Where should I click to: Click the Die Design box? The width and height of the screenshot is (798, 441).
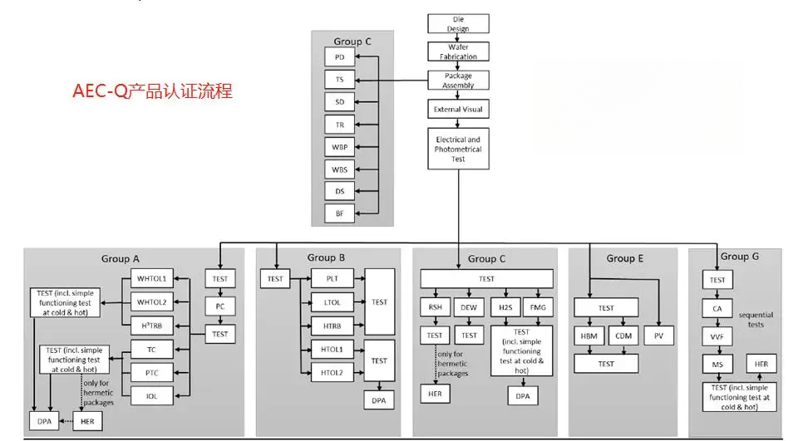click(x=458, y=23)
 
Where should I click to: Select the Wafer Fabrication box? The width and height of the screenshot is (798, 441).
click(x=458, y=51)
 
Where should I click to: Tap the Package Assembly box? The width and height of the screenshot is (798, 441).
click(x=458, y=81)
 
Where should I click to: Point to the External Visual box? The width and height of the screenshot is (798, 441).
click(x=458, y=109)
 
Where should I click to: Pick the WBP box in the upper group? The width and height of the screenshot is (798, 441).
click(x=339, y=147)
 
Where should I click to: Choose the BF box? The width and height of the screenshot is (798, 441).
click(x=339, y=213)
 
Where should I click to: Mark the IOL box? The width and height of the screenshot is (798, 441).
click(x=152, y=396)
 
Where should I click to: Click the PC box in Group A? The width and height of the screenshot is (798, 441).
click(x=220, y=306)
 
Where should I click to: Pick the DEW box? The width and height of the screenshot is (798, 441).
click(x=470, y=306)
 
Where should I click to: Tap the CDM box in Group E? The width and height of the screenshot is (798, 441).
click(x=623, y=336)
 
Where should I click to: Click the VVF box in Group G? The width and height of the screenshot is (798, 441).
click(x=717, y=336)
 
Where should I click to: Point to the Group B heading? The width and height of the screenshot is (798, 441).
click(x=328, y=257)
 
